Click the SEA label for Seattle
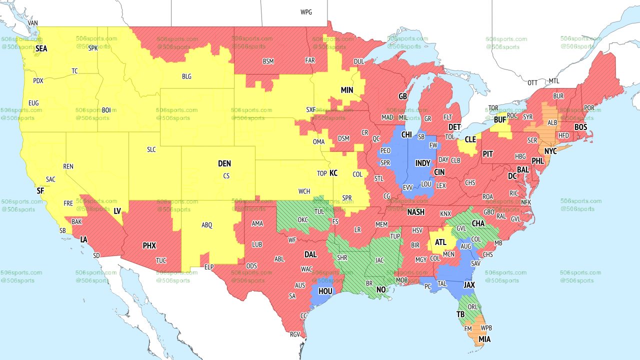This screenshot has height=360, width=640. tap(41, 48)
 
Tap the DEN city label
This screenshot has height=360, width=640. tap(224, 163)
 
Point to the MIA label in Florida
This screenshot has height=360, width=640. tap(484, 339)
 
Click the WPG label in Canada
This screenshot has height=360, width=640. tap(306, 12)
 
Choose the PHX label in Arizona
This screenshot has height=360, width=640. tap(149, 245)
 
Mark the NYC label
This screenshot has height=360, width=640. tap(550, 151)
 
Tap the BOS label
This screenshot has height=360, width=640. tap(580, 127)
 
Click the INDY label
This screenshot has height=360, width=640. tap(422, 163)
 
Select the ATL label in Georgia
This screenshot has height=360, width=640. tap(440, 242)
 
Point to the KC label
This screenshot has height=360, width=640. tap(333, 173)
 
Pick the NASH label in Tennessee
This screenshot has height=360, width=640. tap(415, 212)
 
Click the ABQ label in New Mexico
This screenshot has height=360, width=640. tap(207, 225)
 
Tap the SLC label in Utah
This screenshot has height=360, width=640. tap(151, 149)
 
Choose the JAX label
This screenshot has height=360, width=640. tap(469, 285)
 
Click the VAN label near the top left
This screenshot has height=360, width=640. tap(33, 23)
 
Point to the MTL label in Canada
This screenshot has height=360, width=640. tap(554, 81)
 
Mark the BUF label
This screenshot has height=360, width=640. tap(500, 120)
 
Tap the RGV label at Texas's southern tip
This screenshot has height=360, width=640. tap(294, 335)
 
